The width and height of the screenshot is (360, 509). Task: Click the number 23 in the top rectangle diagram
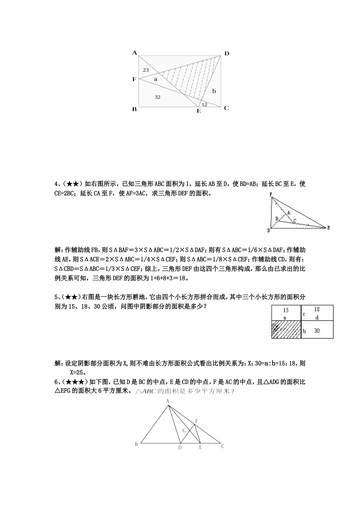[x=146, y=70]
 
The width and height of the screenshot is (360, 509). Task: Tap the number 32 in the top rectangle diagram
[x=158, y=97]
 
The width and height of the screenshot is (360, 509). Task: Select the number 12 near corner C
[x=204, y=105]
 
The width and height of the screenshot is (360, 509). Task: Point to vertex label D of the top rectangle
[x=227, y=53]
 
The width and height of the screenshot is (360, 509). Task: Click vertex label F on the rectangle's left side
[x=134, y=79]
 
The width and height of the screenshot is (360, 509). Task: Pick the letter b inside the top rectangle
[x=214, y=91]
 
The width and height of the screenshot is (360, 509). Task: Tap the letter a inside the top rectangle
[x=155, y=80]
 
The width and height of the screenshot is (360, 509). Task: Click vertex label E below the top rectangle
[x=199, y=111]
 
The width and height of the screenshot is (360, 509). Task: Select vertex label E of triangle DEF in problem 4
[x=328, y=228]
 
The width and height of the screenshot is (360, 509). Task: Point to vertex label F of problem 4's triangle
[x=271, y=195]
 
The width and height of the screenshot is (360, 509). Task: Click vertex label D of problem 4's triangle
[x=269, y=230]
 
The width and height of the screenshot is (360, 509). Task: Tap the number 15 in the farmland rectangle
[x=286, y=311]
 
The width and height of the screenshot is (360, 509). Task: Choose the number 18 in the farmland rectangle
[x=317, y=309]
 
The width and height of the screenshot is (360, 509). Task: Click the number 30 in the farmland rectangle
[x=317, y=331]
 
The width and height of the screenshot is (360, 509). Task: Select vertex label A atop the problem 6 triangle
[x=167, y=401]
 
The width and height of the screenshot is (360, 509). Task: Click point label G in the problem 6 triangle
[x=184, y=431]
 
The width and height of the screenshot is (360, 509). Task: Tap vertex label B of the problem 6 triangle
[x=136, y=445]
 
